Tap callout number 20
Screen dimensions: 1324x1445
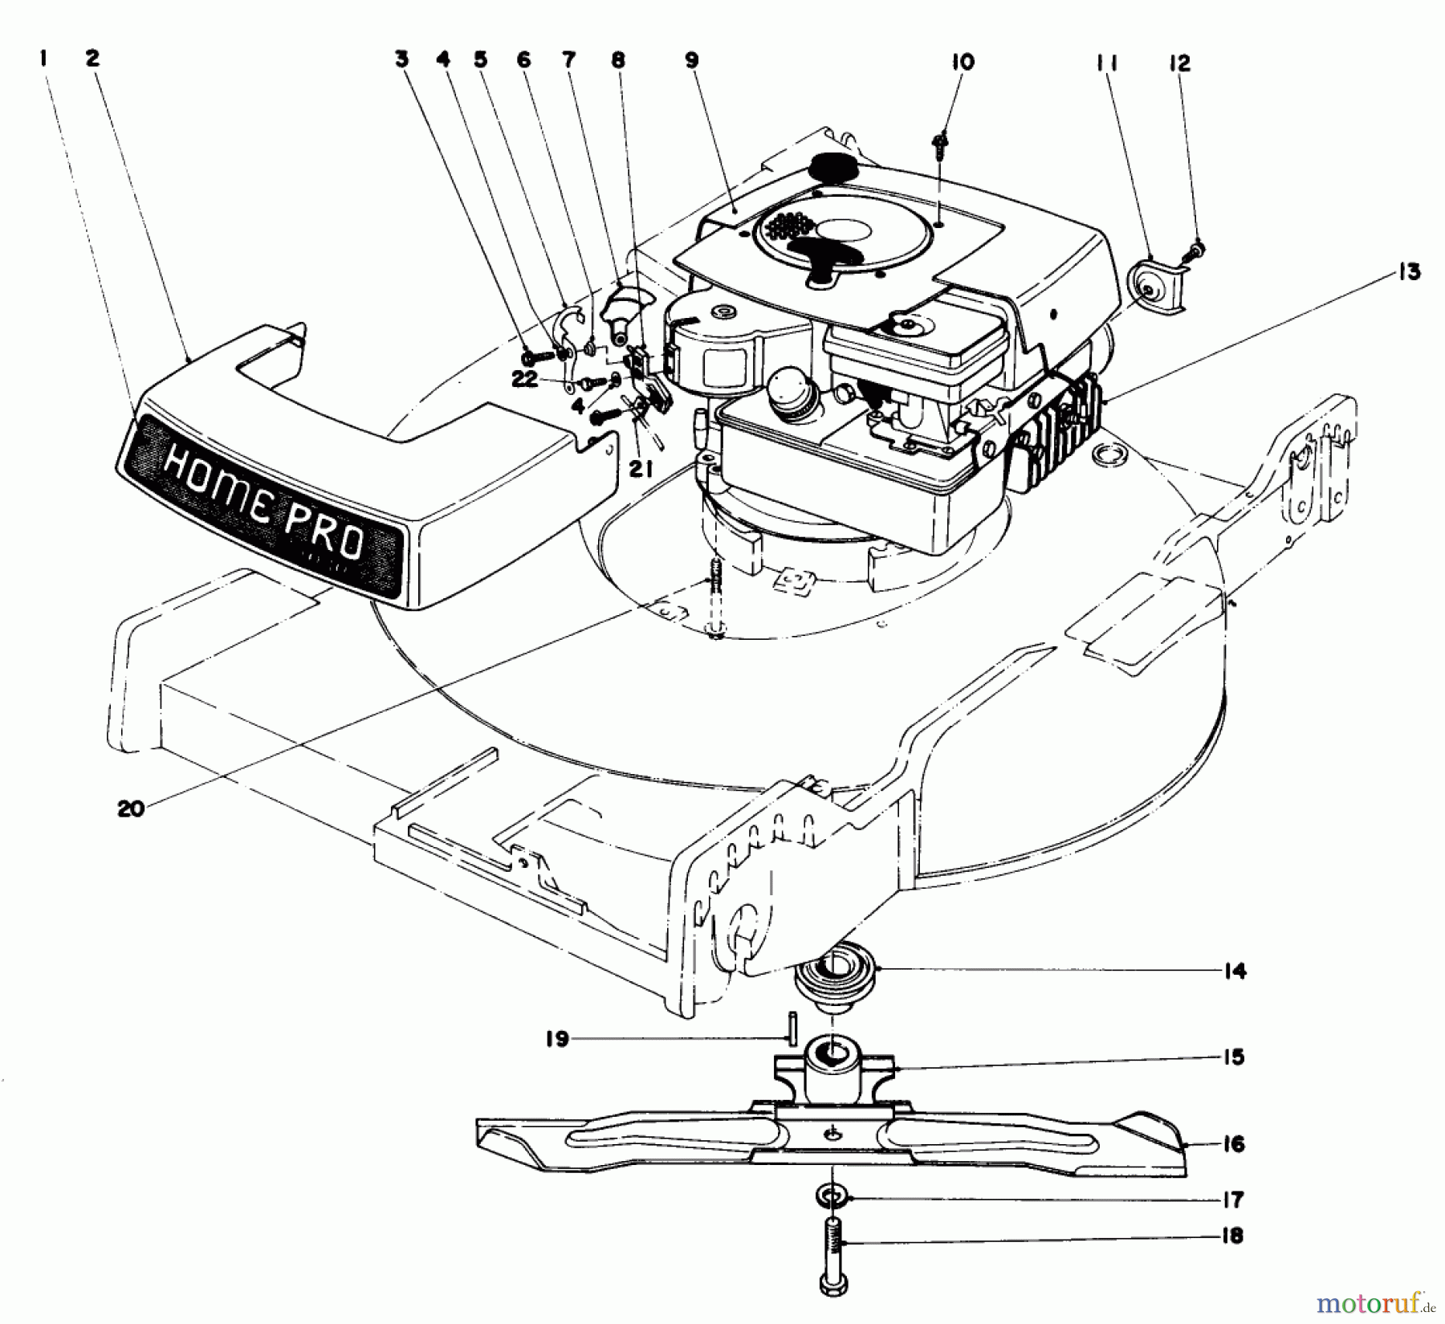point(131,809)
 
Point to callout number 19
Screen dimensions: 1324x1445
point(556,1039)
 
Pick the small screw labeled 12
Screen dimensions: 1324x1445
point(1195,251)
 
